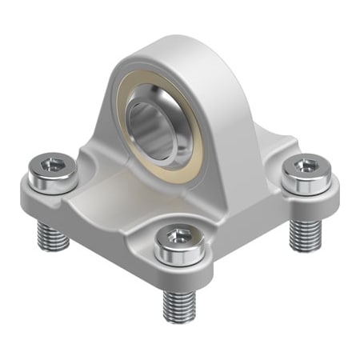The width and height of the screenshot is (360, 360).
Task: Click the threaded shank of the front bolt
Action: pyautogui.click(x=180, y=304)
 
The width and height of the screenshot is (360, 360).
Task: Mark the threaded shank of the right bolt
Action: pyautogui.click(x=305, y=234)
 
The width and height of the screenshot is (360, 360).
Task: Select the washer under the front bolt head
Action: pyautogui.click(x=182, y=257)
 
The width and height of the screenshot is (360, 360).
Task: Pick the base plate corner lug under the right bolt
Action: pyautogui.click(x=320, y=204)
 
